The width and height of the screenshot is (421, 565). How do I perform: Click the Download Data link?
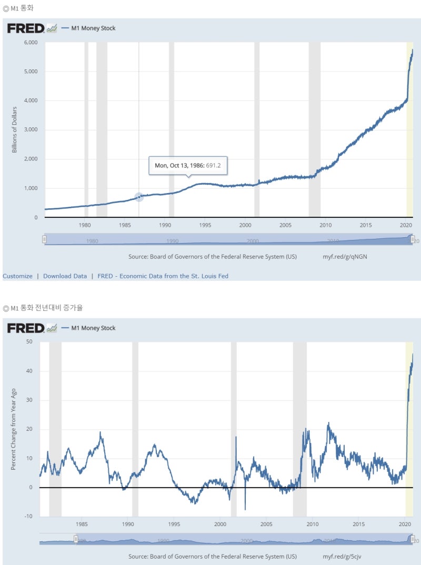(x=65, y=276)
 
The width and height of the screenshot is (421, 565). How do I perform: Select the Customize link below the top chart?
(x=17, y=276)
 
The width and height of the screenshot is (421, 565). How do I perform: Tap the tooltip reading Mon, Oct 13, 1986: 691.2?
(x=188, y=165)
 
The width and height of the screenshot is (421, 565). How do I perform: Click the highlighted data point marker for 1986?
(x=139, y=197)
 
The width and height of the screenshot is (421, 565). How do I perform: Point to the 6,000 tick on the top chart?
(x=31, y=43)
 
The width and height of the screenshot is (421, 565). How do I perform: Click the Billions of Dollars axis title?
(x=15, y=129)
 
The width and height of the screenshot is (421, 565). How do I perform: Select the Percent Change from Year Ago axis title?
(x=14, y=429)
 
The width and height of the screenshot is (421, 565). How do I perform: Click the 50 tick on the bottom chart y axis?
(x=29, y=342)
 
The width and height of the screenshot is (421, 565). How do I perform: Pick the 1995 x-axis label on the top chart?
(x=205, y=225)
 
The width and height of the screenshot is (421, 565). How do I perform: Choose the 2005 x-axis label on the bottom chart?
(x=266, y=524)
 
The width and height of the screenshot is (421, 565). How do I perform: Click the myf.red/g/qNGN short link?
(x=342, y=257)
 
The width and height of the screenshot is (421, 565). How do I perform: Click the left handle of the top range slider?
(x=45, y=239)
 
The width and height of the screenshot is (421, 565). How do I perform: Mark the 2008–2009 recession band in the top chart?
(x=314, y=129)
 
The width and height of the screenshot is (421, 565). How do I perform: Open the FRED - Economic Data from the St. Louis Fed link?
(x=163, y=276)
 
